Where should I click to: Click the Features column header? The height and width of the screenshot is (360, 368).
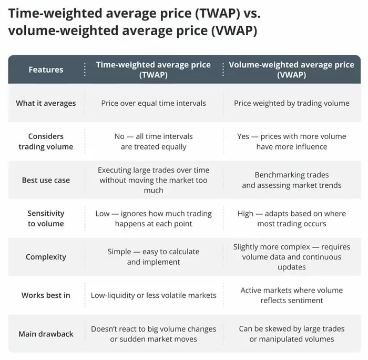(x=46, y=69)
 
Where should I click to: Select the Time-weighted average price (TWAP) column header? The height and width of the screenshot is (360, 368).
(x=153, y=69)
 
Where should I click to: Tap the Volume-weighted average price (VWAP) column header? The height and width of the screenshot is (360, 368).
(x=291, y=69)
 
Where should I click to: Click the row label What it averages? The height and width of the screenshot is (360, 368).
(x=46, y=103)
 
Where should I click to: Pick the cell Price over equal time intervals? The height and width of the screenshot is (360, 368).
(x=154, y=103)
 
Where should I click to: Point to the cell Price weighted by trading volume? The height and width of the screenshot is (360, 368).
(x=291, y=103)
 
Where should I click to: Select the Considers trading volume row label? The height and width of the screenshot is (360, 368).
(x=46, y=142)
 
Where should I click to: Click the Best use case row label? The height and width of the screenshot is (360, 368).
(x=46, y=180)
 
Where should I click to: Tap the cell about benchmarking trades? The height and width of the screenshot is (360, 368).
(x=291, y=180)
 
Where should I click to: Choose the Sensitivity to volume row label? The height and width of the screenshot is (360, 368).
(x=46, y=218)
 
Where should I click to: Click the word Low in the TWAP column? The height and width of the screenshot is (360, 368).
(x=103, y=214)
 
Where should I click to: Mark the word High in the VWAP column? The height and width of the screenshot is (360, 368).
(x=246, y=214)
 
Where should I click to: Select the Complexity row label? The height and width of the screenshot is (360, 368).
(x=46, y=257)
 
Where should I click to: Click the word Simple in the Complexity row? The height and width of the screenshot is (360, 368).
(x=119, y=252)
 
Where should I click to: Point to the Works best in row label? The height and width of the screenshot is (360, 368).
(x=46, y=295)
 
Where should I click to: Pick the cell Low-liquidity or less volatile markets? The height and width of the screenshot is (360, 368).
(x=154, y=295)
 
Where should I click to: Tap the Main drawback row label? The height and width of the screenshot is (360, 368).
(x=46, y=334)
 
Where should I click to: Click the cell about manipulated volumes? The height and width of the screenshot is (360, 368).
(x=291, y=334)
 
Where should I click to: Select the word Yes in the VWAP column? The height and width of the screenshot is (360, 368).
(x=243, y=136)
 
